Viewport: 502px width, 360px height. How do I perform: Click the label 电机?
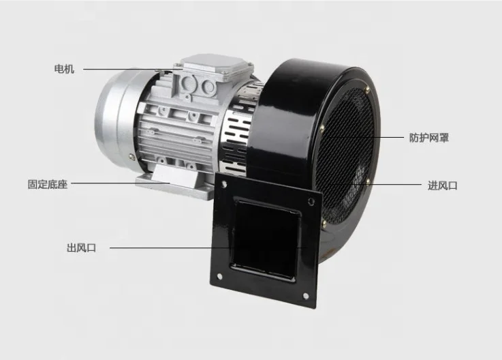64,69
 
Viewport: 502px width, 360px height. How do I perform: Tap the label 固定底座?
48,184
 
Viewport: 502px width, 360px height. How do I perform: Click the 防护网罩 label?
429,138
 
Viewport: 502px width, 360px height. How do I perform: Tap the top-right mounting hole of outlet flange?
311,202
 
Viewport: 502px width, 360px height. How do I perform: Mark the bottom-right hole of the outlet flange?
306,295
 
